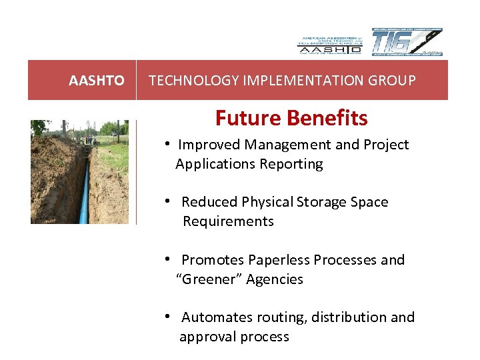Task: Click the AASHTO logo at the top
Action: point(329,44)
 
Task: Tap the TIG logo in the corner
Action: point(406,42)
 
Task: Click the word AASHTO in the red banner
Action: point(96,81)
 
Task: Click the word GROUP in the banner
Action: point(394,81)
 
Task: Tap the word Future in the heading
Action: point(243,118)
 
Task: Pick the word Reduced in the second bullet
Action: point(207,202)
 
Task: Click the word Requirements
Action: point(228,221)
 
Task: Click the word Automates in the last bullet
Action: point(213,317)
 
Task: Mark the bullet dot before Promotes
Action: point(170,259)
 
